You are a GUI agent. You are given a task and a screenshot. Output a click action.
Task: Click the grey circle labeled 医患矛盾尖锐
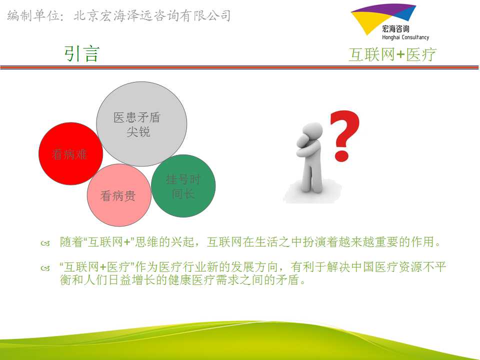[141, 124]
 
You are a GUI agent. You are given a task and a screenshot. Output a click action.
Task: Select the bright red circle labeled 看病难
[70, 153]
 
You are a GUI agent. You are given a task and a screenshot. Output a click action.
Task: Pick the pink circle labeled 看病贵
[119, 195]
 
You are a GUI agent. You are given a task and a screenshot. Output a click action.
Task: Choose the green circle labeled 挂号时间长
[183, 186]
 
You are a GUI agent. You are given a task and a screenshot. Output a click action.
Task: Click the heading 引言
[81, 54]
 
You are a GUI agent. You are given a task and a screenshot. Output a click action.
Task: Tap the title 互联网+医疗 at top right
[392, 55]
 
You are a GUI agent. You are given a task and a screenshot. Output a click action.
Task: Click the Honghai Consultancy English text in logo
[405, 37]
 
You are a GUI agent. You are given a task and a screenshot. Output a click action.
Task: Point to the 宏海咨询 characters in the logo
[395, 29]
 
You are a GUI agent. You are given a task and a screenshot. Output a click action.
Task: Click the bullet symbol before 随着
[45, 243]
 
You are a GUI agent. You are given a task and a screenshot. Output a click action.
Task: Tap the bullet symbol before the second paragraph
[45, 268]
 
